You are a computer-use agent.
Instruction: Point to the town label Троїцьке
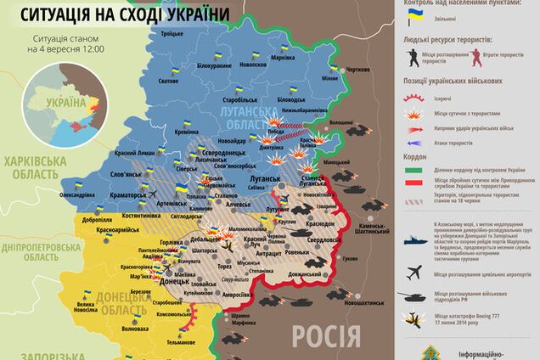click(x=172, y=33)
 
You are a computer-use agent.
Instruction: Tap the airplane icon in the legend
click(x=415, y=273)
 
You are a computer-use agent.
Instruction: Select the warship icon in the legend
click(x=415, y=233)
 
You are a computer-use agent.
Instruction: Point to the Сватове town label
click(x=168, y=82)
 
